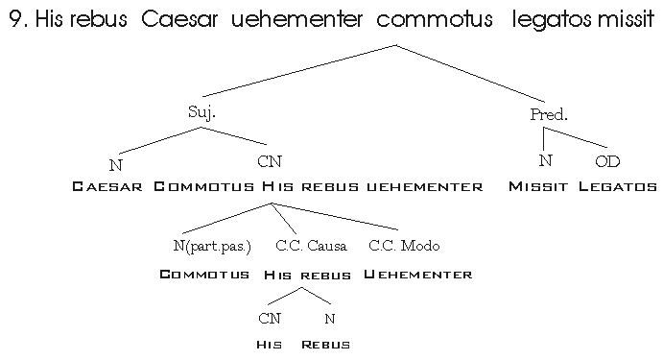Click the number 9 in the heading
pyautogui.click(x=15, y=19)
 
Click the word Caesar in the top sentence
pyautogui.click(x=179, y=19)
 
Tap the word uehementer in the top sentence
pyautogui.click(x=296, y=19)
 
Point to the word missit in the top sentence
pyautogui.click(x=627, y=19)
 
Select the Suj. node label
pyautogui.click(x=201, y=112)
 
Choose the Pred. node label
pyautogui.click(x=549, y=114)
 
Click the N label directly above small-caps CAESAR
pyautogui.click(x=115, y=165)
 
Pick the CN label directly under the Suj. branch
pyautogui.click(x=270, y=161)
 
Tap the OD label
pyautogui.click(x=607, y=161)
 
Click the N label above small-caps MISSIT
pyautogui.click(x=545, y=160)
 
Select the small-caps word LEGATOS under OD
pyautogui.click(x=618, y=186)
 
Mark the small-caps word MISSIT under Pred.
pyautogui.click(x=538, y=186)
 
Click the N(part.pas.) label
pyautogui.click(x=212, y=246)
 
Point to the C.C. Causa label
pyautogui.click(x=311, y=246)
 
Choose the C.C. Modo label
pyautogui.click(x=404, y=246)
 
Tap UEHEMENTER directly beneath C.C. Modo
pyautogui.click(x=417, y=275)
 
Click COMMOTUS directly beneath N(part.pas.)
pyautogui.click(x=204, y=275)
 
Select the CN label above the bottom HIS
pyautogui.click(x=270, y=319)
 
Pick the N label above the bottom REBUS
pyautogui.click(x=330, y=319)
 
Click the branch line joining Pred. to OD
pyautogui.click(x=576, y=137)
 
